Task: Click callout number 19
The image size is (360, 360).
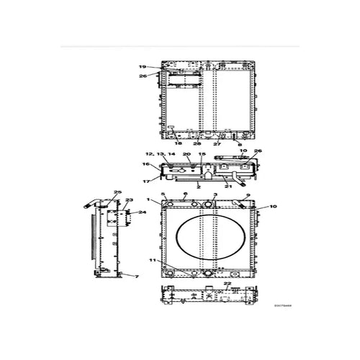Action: pos(143,66)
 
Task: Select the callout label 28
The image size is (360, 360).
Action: pos(197,144)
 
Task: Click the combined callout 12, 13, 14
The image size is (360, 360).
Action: pos(160,154)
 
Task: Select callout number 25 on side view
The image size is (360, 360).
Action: pos(117,192)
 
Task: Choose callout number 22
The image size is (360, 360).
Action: pos(228,283)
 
